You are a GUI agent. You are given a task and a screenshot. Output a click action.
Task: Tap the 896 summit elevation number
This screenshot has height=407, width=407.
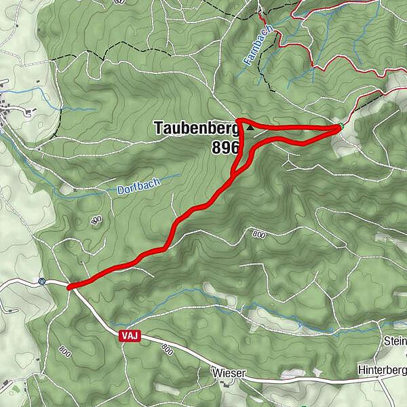pyautogui.click(x=225, y=147)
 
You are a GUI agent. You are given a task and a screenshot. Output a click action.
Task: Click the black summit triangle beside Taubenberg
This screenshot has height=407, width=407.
pyautogui.click(x=250, y=127)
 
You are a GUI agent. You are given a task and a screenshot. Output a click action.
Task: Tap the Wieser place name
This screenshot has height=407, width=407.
pyautogui.click(x=227, y=374)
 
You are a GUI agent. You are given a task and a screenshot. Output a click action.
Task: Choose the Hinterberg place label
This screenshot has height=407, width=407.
pyautogui.click(x=382, y=370)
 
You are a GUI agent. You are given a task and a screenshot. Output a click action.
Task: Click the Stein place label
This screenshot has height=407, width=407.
pyautogui.click(x=395, y=341)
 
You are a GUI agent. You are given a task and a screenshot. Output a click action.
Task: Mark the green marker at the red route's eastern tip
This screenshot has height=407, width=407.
pyautogui.click(x=341, y=125)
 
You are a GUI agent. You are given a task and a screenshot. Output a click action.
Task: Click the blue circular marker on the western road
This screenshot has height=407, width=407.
pyautogui.click(x=42, y=282)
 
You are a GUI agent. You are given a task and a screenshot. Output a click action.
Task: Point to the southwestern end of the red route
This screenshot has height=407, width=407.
pyautogui.click(x=70, y=287)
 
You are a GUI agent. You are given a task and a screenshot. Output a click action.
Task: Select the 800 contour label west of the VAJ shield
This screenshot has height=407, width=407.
pyautogui.click(x=64, y=352)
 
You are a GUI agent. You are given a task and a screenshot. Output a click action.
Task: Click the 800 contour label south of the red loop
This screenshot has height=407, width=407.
pyautogui.click(x=258, y=234)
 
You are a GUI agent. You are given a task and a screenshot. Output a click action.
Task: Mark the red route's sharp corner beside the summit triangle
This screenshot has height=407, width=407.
pyautogui.click(x=238, y=121)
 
